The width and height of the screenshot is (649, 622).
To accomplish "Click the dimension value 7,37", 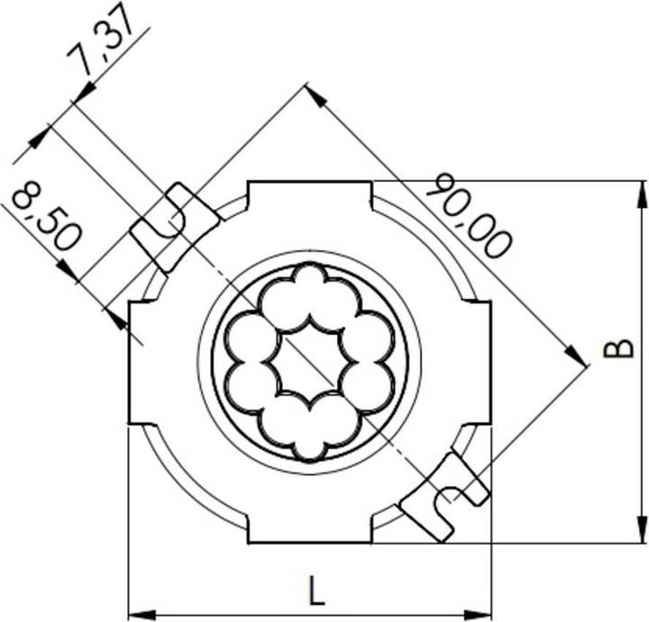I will coord(101,45).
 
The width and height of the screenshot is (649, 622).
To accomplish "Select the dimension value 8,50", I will coord(45,216).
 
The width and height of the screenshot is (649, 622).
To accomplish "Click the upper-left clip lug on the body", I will coord(175,225).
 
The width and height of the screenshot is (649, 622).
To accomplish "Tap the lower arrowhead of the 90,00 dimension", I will coord(579,356).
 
